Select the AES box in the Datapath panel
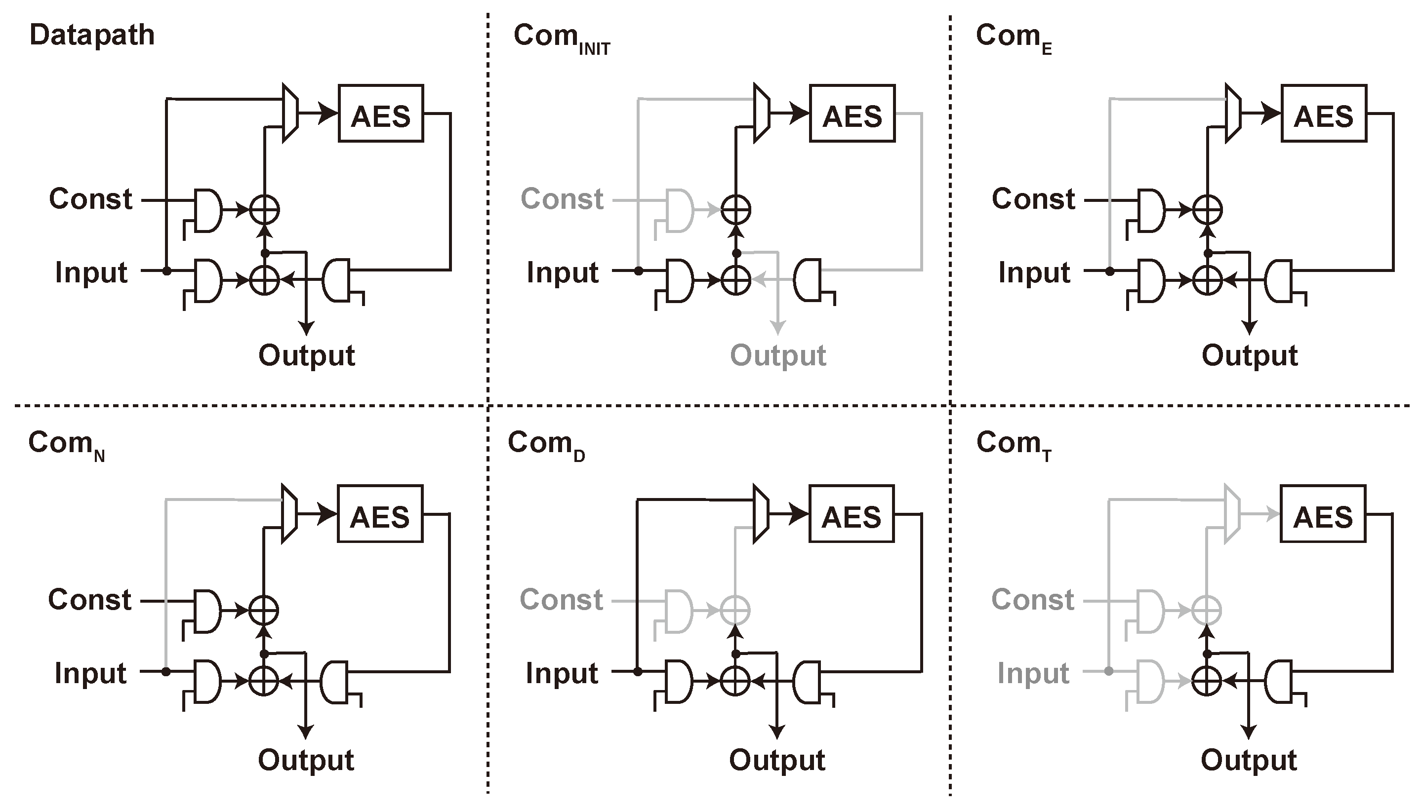point(381,114)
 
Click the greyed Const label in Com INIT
point(562,199)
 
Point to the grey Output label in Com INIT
point(778,355)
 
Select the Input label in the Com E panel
point(1034,272)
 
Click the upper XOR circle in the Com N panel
point(263,611)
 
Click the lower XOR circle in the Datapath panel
point(264,280)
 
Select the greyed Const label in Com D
point(561,599)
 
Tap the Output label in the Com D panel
point(777,760)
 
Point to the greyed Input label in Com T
point(1033,673)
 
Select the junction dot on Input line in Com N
point(166,671)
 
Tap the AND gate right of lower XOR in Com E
point(1279,281)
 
